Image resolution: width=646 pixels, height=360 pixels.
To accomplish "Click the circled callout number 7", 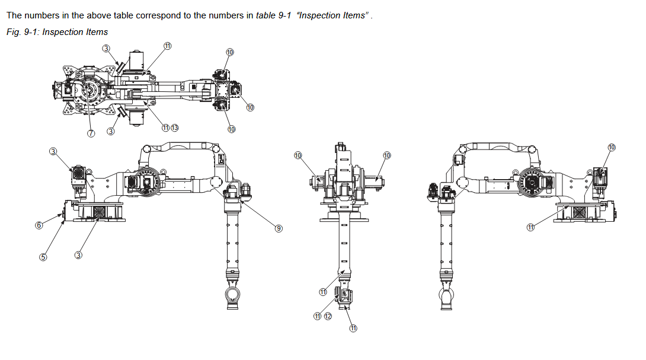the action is point(91,133).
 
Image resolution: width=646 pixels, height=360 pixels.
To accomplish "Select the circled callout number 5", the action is point(43,257).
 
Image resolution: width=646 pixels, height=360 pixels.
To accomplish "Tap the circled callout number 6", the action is point(39,225).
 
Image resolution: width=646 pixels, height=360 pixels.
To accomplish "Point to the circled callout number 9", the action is point(279,228).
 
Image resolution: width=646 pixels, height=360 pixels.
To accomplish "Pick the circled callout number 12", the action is point(328,316).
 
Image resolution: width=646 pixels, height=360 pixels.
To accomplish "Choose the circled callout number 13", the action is point(175,128).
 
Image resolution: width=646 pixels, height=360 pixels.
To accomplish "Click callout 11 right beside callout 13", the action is point(165,128).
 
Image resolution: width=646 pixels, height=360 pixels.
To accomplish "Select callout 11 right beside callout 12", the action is point(317,316).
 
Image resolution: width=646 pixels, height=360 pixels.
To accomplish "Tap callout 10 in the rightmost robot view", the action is point(612,147).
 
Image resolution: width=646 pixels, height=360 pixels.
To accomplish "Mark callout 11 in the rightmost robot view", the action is point(530,227).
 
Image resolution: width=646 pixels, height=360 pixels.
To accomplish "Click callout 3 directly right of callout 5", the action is point(78,255).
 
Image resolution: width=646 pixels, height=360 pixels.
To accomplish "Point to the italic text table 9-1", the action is point(274,15).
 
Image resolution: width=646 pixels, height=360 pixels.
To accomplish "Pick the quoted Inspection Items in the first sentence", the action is point(332,15).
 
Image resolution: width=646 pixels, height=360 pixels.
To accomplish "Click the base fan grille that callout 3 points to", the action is point(100,213).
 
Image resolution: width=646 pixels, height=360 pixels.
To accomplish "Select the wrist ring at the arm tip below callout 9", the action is point(233,295).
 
